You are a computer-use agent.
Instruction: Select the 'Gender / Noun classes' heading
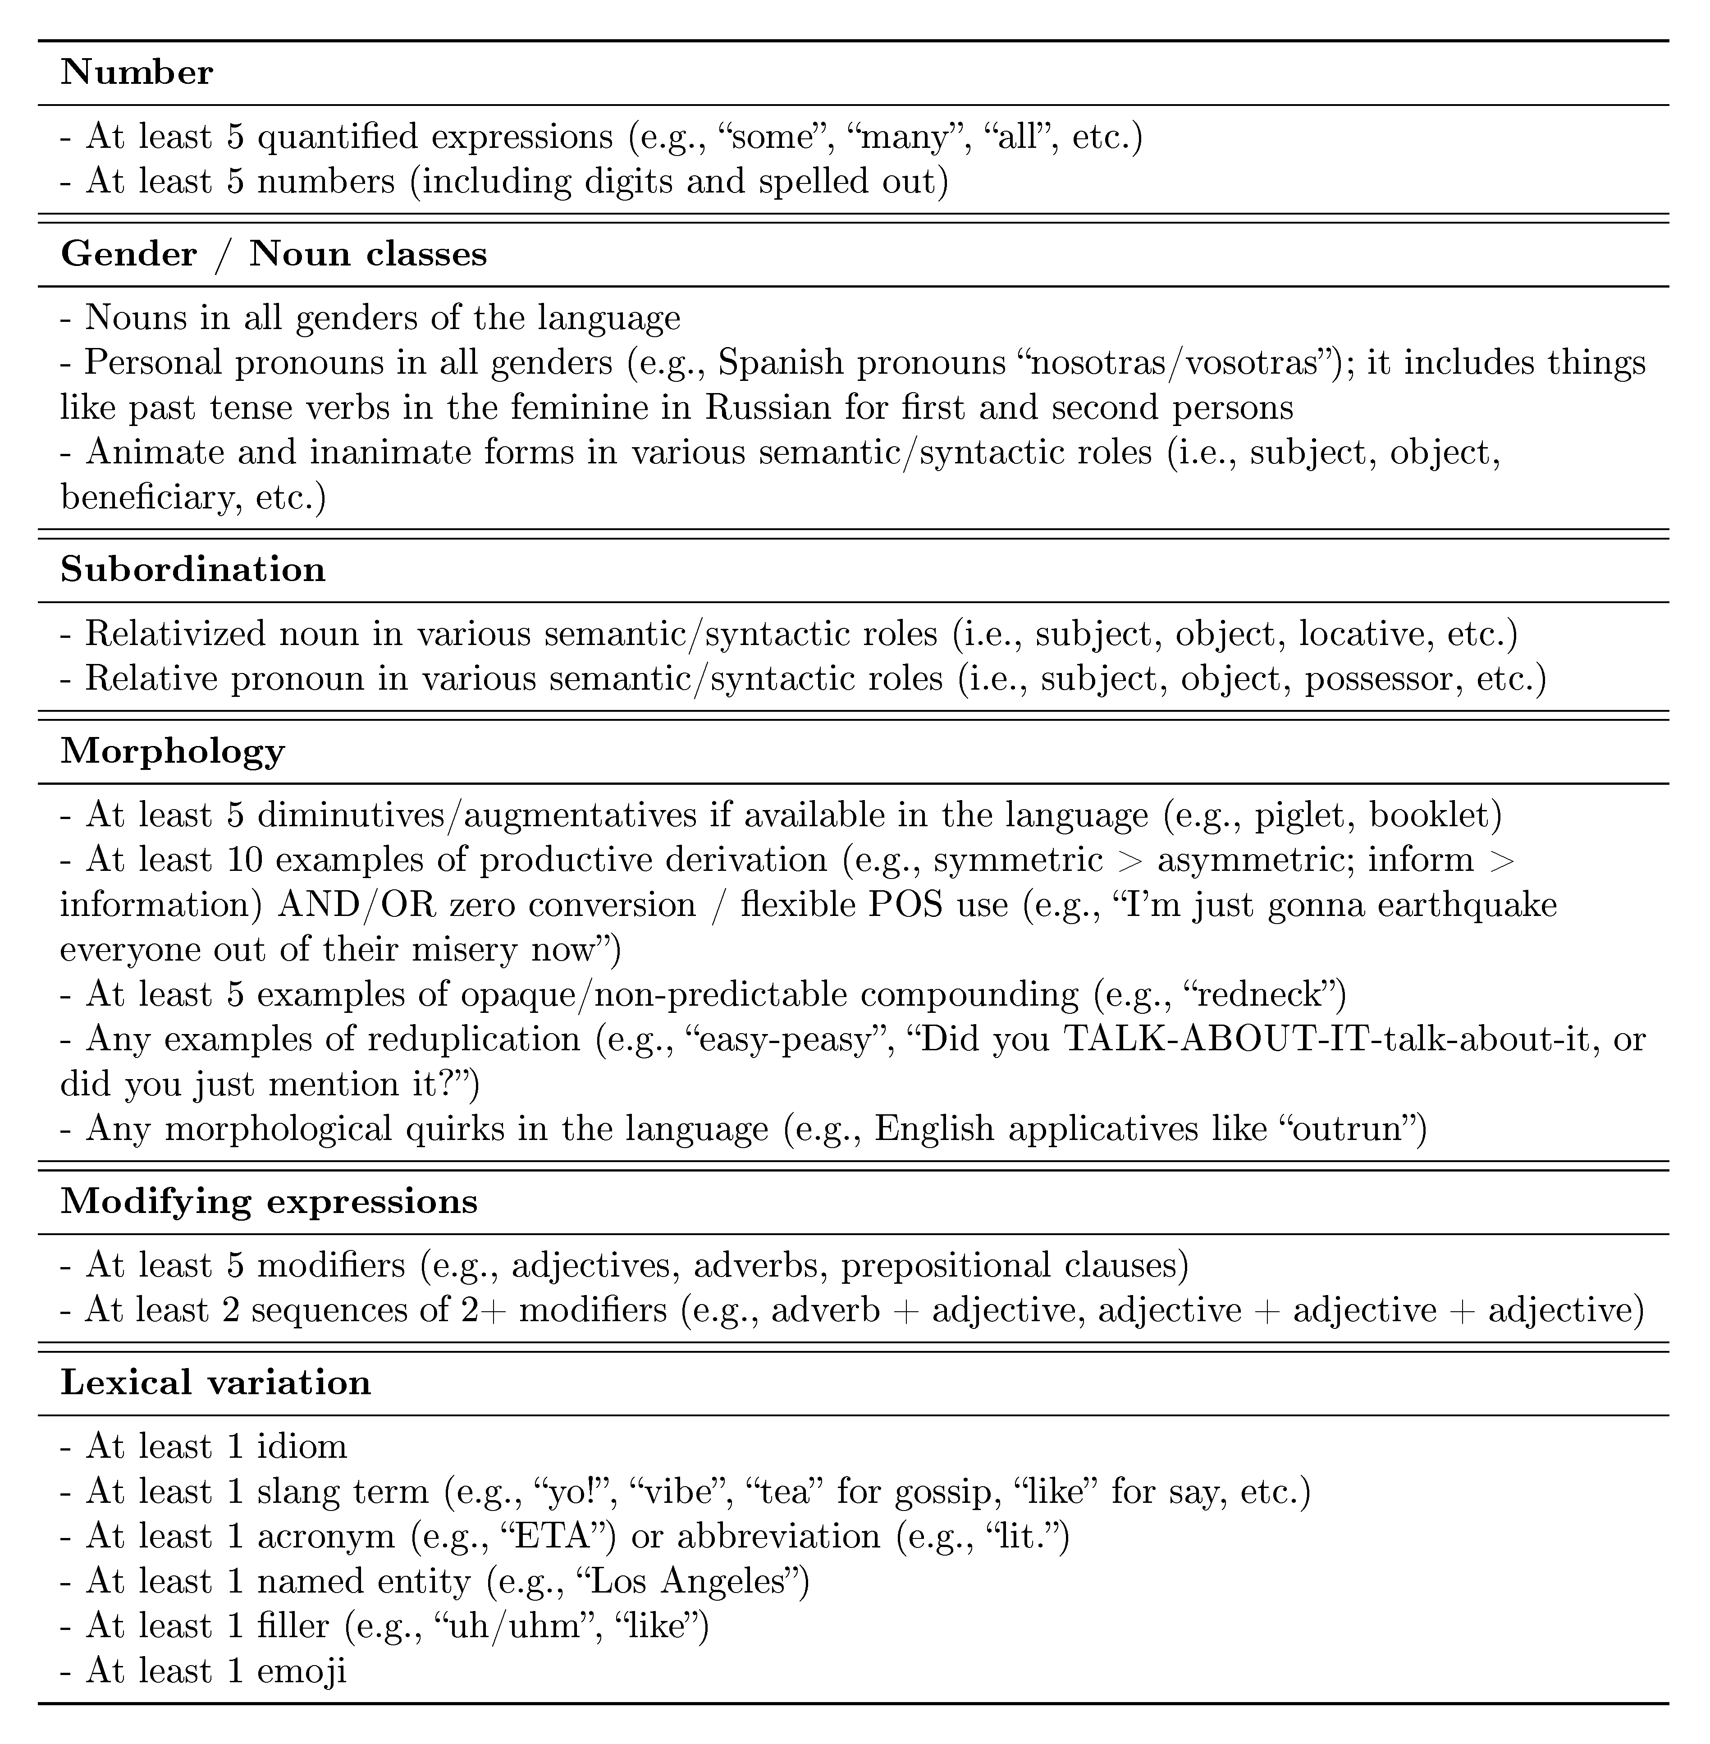274,254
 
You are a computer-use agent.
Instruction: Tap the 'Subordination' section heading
193,569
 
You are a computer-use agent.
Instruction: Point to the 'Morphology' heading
173,751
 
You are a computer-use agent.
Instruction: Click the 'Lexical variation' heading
215,1382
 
